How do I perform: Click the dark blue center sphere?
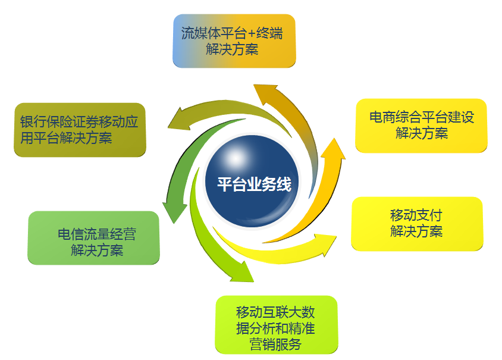252,181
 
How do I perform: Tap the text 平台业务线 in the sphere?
254,184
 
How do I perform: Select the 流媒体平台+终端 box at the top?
234,40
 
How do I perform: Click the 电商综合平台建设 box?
421,126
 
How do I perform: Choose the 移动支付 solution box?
417,224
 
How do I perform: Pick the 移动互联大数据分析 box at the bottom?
277,325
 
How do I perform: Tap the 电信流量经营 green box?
93,238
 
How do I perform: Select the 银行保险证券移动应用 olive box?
80,130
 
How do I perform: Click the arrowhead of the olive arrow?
178,119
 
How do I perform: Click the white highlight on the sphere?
236,158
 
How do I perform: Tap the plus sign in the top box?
250,33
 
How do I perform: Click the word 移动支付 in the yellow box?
416,215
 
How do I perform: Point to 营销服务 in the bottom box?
275,345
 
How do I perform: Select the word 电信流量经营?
97,234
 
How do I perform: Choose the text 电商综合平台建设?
422,117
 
